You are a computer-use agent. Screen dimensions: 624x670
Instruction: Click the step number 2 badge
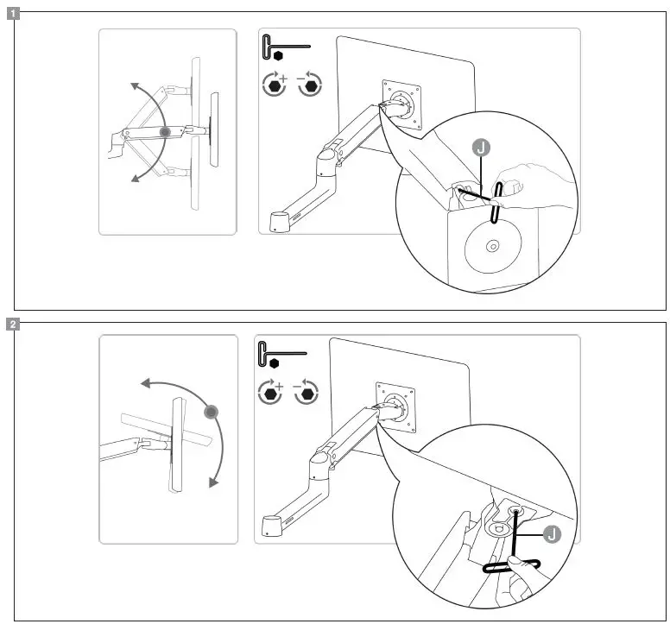pos(14,325)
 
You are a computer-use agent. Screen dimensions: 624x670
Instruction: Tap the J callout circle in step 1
pos(483,148)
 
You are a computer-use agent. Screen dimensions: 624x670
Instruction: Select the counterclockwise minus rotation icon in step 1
pos(308,85)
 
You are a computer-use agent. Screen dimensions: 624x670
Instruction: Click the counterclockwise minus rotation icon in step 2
pos(306,394)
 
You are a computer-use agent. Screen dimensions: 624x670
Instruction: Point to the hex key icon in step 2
pos(280,354)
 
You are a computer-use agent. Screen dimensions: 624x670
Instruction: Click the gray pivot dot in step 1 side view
pos(166,132)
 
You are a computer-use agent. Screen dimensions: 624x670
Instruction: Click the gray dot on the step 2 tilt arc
pos(210,413)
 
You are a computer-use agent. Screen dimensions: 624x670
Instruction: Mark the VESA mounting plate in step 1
pos(400,104)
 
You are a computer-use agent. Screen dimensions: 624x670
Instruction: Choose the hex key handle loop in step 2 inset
pos(511,566)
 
